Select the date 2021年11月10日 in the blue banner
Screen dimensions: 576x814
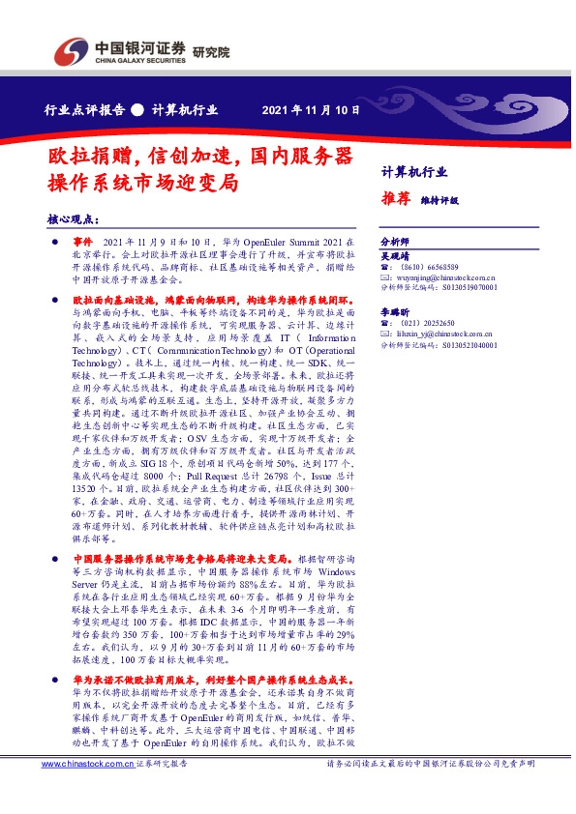pos(311,109)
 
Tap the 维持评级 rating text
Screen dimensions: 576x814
pos(440,201)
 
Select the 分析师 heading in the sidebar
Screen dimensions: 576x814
pos(395,241)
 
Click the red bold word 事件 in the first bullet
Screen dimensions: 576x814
pos(84,240)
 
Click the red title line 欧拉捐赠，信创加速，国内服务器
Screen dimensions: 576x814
pos(200,156)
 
